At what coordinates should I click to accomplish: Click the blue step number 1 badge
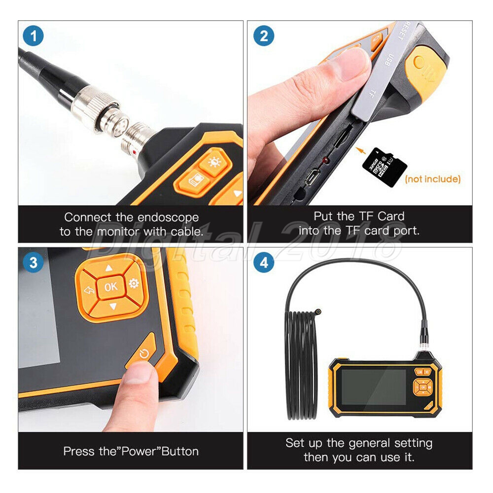pos(33,36)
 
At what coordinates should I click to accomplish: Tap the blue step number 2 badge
pos(264,36)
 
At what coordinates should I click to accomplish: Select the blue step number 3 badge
pos(33,262)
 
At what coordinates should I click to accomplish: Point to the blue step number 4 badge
pos(264,262)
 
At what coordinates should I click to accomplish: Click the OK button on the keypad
pos(111,287)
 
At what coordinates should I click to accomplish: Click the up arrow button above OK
pos(108,268)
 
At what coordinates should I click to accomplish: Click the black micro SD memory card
pos(384,167)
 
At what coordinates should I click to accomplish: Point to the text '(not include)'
pos(433,179)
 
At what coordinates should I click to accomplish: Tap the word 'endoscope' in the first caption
pos(168,217)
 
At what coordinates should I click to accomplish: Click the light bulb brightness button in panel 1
pos(215,162)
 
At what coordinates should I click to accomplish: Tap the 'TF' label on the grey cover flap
pos(372,93)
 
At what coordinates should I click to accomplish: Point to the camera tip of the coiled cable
pos(318,312)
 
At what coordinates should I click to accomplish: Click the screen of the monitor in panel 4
pos(374,387)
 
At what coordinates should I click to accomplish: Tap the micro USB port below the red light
pos(313,177)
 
